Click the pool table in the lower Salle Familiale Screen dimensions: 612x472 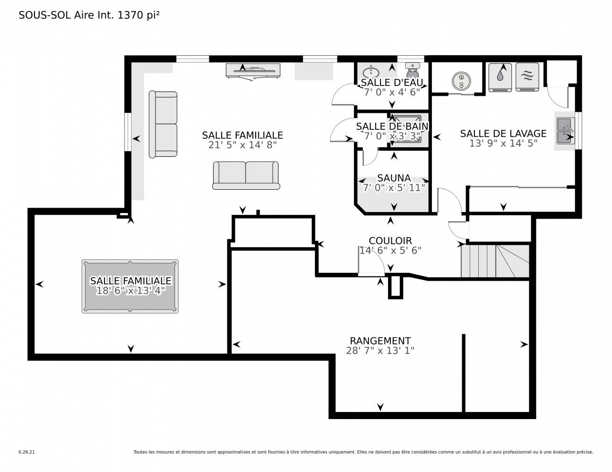click(x=130, y=286)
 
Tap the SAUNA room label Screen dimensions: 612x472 click(x=394, y=178)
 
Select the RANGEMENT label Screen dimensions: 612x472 click(x=380, y=341)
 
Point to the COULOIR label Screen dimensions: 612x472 click(x=390, y=241)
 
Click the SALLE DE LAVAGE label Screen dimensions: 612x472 click(x=503, y=133)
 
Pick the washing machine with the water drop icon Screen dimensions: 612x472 click(x=500, y=77)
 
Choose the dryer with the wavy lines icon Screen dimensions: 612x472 click(x=527, y=77)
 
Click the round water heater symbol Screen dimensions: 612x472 click(x=461, y=81)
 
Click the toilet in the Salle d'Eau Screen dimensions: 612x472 click(x=413, y=70)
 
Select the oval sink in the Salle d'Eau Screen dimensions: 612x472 click(x=371, y=72)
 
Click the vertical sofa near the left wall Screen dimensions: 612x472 click(x=163, y=124)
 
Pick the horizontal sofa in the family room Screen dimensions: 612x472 click(x=246, y=176)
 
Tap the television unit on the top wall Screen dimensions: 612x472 click(x=253, y=71)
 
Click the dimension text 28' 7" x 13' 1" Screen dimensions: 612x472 click(x=380, y=351)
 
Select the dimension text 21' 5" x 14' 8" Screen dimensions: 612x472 click(x=242, y=145)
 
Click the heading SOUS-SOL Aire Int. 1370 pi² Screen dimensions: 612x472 click(x=89, y=15)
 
